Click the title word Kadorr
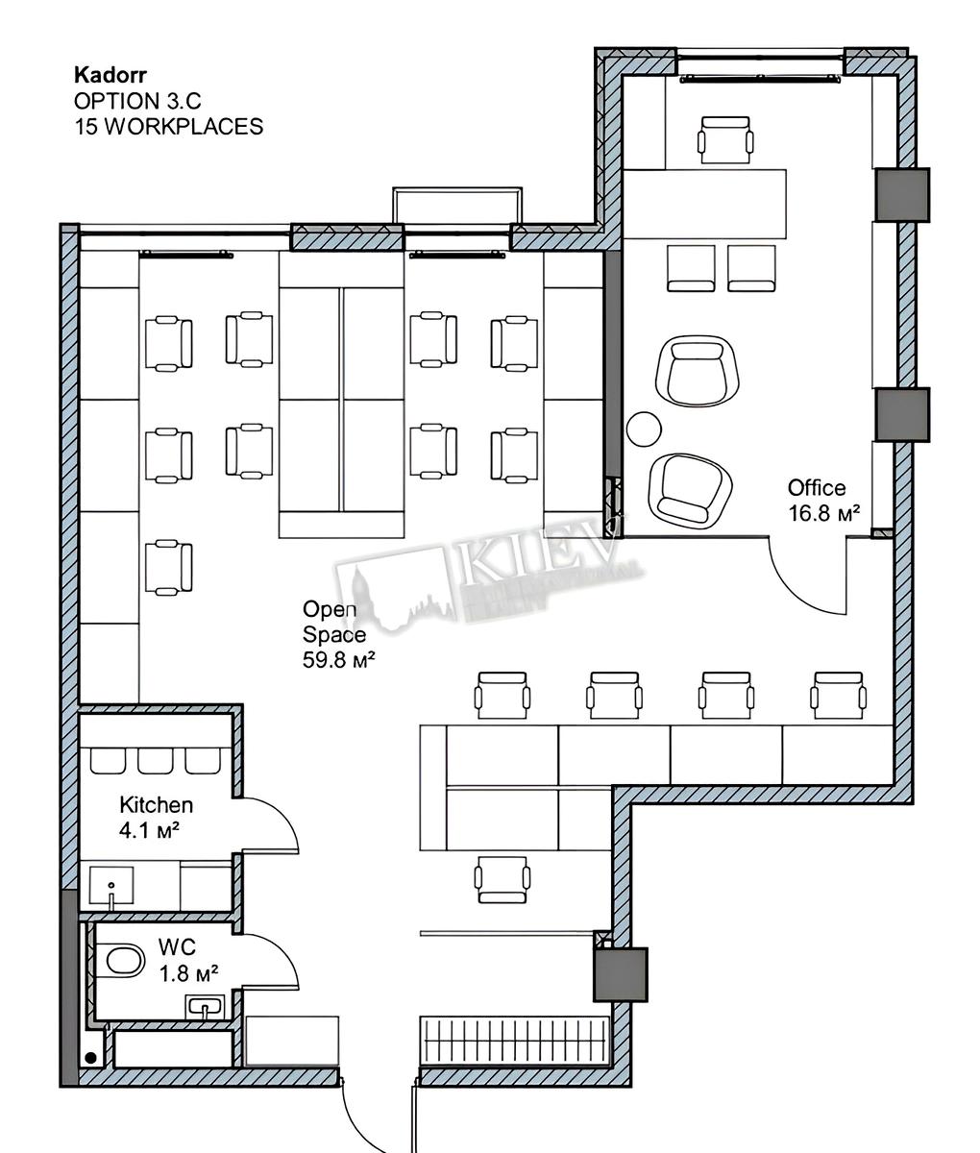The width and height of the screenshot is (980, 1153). click(x=110, y=75)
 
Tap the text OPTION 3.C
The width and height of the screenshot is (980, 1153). click(x=137, y=101)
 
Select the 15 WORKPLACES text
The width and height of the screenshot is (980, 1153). click(x=168, y=127)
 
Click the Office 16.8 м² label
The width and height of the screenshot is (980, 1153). click(x=823, y=501)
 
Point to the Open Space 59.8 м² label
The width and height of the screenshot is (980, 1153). click(x=338, y=634)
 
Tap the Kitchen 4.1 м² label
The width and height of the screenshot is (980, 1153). click(x=156, y=818)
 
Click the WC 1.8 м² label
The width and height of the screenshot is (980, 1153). click(x=188, y=960)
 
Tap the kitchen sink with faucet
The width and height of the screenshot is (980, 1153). click(x=111, y=886)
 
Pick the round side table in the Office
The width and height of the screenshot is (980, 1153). click(x=644, y=429)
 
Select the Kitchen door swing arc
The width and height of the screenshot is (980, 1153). click(x=282, y=817)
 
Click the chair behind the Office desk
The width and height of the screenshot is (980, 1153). click(x=725, y=139)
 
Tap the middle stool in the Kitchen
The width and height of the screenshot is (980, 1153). click(x=156, y=761)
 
